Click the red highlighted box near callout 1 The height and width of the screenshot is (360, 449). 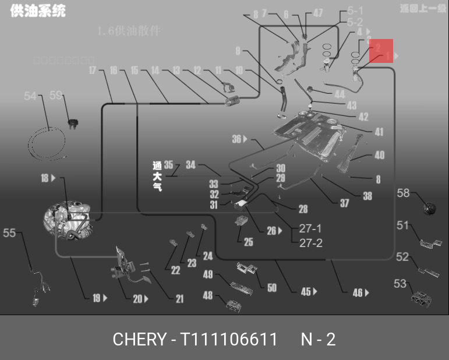pos(381,54)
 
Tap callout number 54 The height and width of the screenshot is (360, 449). pos(30,96)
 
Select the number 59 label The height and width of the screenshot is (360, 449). pos(56,95)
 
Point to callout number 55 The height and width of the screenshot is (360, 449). pos(9,233)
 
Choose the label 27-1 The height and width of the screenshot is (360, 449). pos(310,229)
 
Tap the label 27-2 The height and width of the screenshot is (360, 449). pos(310,243)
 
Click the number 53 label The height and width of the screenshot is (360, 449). pos(400,284)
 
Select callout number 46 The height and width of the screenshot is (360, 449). pos(358,292)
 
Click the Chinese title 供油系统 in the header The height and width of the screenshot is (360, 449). pos(38,11)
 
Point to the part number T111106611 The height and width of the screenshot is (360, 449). pos(228,339)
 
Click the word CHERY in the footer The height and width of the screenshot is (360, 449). pos(139,339)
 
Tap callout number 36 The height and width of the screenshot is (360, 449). pos(236,139)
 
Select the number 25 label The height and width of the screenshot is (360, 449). pos(248,242)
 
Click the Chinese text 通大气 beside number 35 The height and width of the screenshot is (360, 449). pos(156,177)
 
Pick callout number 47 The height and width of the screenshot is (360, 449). pos(317,13)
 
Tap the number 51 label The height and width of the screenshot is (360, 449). pos(403,225)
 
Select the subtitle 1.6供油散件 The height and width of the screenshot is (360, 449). pos(129,31)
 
